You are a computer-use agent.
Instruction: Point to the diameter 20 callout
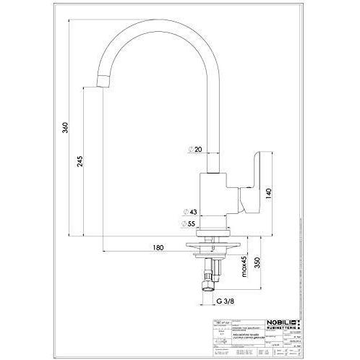pyautogui.click(x=195, y=149)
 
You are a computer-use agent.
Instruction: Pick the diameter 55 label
pyautogui.click(x=194, y=224)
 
